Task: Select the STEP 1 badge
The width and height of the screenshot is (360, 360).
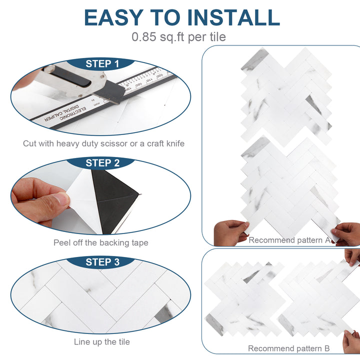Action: [x=102, y=64]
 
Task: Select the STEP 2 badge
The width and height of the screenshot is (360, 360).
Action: [x=102, y=163]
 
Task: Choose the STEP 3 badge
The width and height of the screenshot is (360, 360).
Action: [x=102, y=262]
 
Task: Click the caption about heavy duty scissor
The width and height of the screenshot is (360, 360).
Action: [x=103, y=143]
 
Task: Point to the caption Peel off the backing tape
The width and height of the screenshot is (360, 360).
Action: [x=101, y=243]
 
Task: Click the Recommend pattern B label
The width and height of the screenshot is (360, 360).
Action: [x=288, y=348]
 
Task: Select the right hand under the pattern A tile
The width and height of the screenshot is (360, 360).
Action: [x=348, y=233]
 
